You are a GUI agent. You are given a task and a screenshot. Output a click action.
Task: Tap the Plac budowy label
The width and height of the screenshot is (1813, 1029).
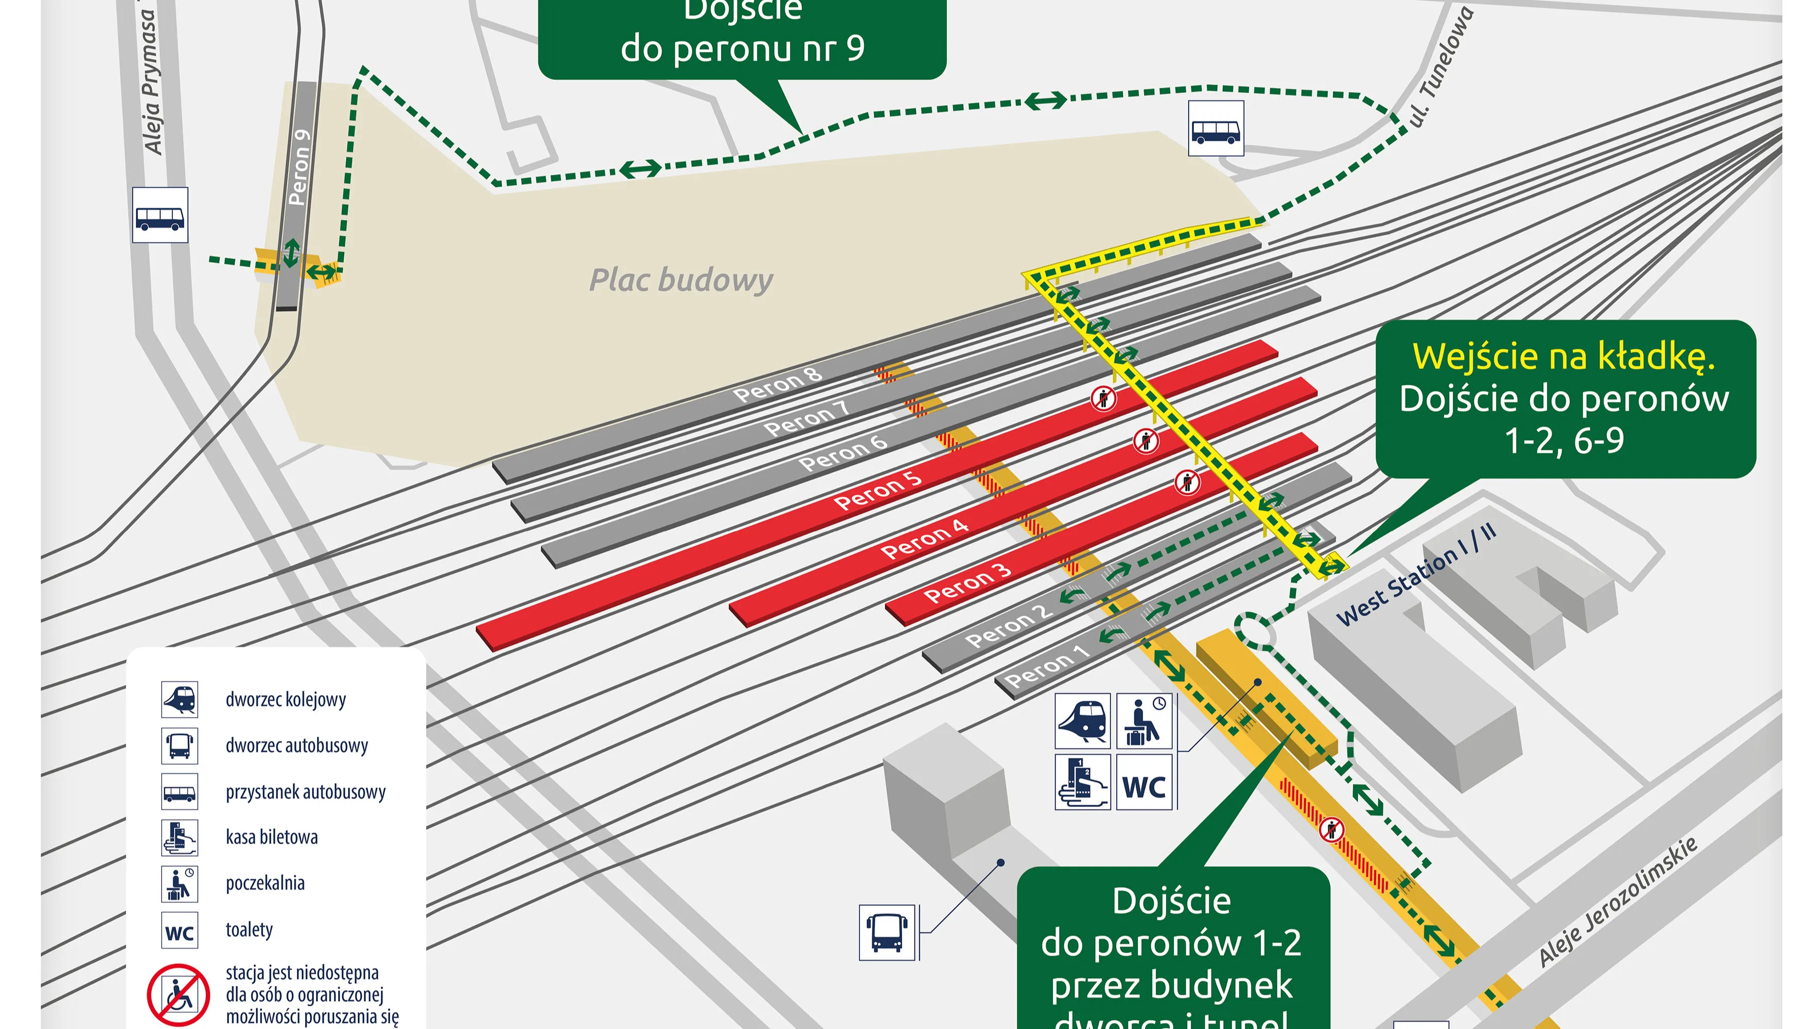coord(681,280)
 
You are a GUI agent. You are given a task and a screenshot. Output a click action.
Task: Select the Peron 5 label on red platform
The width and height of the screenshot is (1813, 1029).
coord(877,490)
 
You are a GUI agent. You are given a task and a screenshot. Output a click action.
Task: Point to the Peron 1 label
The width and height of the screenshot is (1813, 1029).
coord(1046,666)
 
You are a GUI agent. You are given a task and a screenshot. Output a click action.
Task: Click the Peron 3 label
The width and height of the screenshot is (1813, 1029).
coord(967,583)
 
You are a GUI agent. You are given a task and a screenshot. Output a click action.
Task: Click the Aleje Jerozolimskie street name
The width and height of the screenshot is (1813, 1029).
coord(1618,902)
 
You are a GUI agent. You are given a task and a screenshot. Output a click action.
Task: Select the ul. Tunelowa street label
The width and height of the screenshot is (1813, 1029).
coord(1440,67)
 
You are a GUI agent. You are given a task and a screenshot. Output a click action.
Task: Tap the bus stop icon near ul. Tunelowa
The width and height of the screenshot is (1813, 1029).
coord(1216,129)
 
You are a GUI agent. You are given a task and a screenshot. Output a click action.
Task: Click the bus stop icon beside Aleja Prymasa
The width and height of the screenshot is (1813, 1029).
coord(161,216)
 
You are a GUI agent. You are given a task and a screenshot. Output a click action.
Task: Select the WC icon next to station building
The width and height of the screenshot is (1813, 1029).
coord(1143,783)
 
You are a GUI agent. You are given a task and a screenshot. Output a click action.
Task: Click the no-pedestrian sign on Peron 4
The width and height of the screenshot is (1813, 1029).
coord(1146,441)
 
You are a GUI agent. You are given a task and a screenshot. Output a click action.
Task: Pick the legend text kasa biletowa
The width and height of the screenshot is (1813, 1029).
coord(271,838)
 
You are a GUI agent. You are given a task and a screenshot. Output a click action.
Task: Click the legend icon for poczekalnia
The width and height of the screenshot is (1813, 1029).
coord(180,884)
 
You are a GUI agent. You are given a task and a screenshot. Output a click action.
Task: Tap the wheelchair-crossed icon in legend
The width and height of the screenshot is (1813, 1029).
coord(178,995)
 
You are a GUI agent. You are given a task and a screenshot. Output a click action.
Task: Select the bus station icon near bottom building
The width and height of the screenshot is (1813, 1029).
coord(887,932)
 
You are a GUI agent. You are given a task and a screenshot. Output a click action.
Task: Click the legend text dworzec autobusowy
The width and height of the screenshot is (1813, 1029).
coord(297,746)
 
